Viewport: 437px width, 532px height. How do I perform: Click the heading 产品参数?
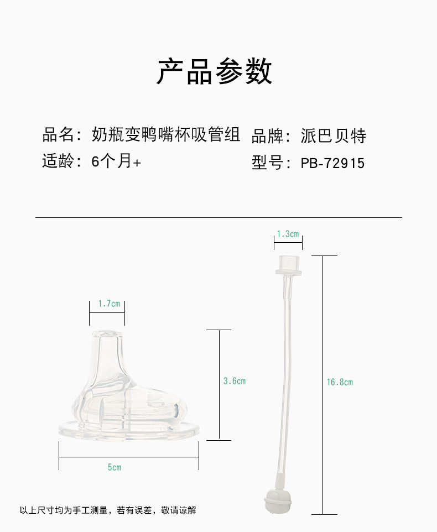[x=215, y=71]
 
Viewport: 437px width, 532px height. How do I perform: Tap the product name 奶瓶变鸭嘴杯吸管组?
[x=166, y=134]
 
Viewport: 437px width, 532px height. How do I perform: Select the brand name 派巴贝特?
[x=334, y=135]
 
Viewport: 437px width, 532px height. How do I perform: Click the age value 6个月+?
[x=116, y=161]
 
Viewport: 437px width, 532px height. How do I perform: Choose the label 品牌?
[x=267, y=135]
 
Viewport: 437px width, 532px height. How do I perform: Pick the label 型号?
[x=267, y=163]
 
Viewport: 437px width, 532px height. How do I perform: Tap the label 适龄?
[x=58, y=161]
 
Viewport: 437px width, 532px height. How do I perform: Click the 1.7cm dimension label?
[x=109, y=304]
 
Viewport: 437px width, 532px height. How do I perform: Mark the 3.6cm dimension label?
[x=234, y=381]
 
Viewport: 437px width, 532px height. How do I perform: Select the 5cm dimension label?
[x=115, y=468]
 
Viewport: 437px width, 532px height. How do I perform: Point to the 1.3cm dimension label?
[x=288, y=234]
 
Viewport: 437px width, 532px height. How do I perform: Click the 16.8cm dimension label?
[x=340, y=382]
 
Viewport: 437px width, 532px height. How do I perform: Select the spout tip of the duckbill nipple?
[x=107, y=338]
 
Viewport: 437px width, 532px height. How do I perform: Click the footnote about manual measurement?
[x=108, y=510]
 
